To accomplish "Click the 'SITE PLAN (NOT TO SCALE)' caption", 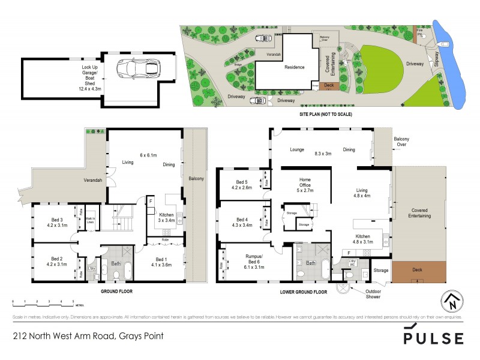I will click(325, 114).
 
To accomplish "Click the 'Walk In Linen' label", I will click(90, 221).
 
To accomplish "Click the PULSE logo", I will click(433, 335).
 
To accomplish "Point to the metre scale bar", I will click(42, 300).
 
